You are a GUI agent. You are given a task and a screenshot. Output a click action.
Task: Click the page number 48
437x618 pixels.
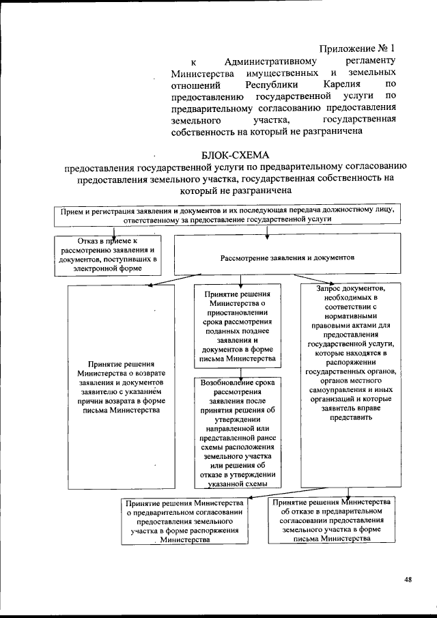click(x=407, y=580)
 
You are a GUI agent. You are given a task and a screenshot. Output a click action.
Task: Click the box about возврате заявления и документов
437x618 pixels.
click(x=120, y=387)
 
